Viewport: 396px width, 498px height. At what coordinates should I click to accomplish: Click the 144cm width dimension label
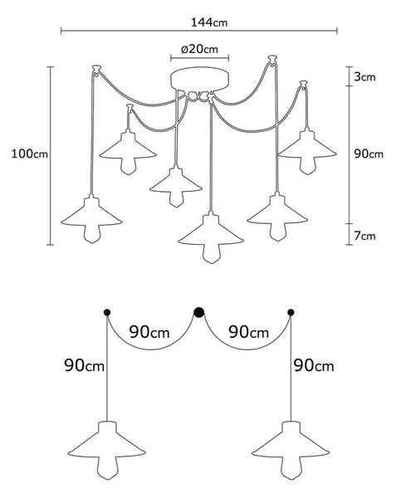click(209, 22)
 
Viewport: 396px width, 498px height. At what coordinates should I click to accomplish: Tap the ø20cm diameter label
click(199, 49)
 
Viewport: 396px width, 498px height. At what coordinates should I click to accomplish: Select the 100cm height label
click(30, 154)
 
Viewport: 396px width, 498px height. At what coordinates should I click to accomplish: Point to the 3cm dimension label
click(364, 77)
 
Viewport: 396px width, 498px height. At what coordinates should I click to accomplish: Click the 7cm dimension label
click(364, 236)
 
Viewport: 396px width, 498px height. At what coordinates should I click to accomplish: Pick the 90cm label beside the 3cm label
click(369, 154)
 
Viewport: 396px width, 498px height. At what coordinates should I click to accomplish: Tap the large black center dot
click(198, 313)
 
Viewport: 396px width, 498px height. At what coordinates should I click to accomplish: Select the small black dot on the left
click(107, 313)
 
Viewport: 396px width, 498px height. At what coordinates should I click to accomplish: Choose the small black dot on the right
click(291, 313)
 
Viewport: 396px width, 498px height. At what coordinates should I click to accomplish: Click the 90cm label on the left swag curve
click(149, 332)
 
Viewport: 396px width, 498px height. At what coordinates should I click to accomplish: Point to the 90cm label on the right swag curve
click(249, 332)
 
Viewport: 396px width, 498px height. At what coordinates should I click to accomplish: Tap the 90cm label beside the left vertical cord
click(84, 365)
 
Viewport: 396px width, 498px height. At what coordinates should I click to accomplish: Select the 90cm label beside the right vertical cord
click(314, 365)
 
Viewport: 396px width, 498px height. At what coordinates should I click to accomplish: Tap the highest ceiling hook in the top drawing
click(272, 59)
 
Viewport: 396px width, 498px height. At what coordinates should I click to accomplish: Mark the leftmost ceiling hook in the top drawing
click(96, 69)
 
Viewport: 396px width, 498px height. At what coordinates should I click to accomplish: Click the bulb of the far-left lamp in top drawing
click(92, 234)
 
